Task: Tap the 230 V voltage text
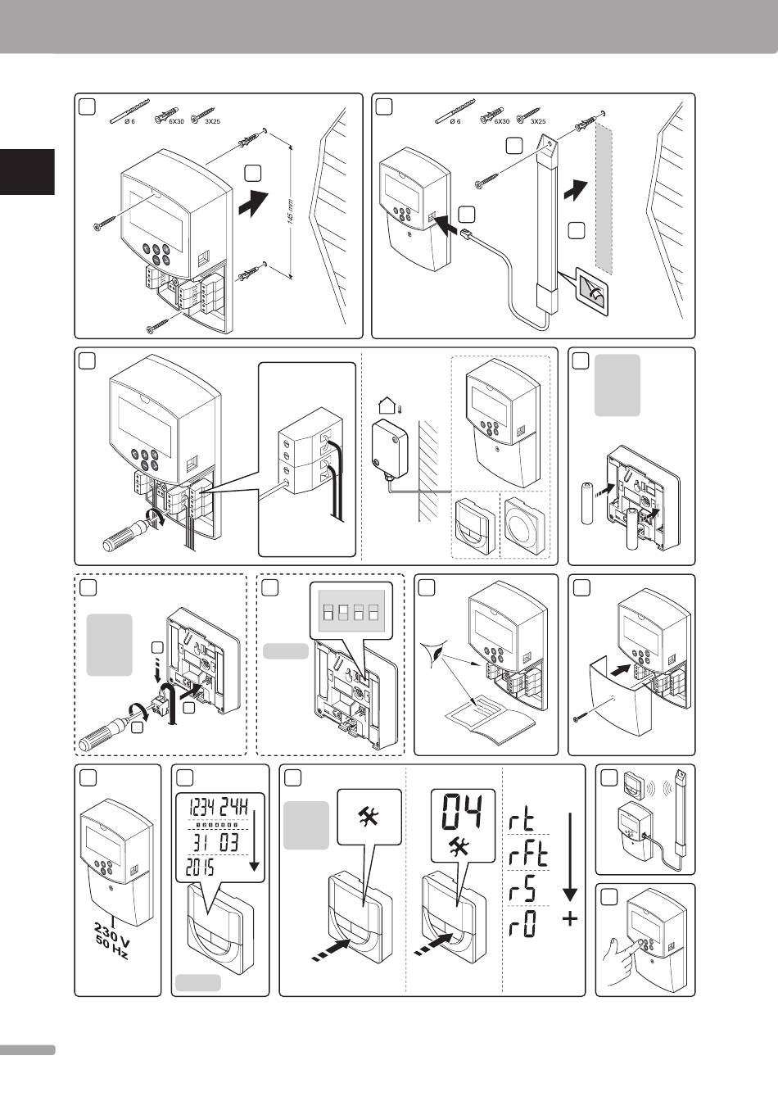[111, 934]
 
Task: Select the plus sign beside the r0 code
[569, 920]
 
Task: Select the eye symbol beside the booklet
[437, 656]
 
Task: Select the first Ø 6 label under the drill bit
[129, 121]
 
